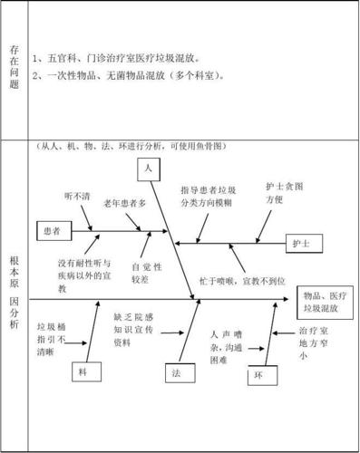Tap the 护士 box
click(302, 244)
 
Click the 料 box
click(83, 371)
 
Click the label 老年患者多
click(124, 204)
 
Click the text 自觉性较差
click(146, 273)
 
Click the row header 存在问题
click(14, 68)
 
